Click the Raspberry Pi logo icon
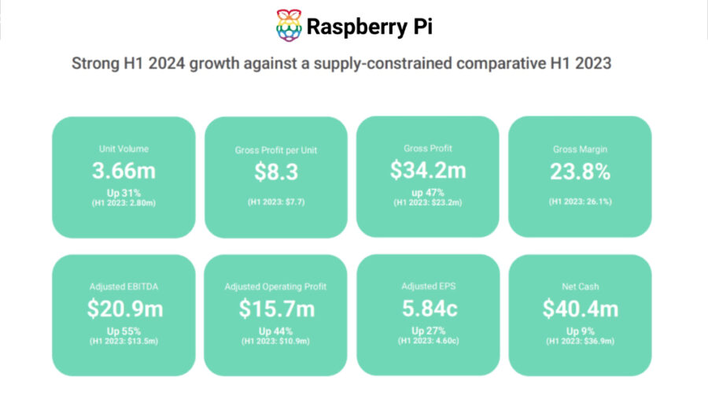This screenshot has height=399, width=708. coord(289,26)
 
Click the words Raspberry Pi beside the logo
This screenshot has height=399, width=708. coord(369,27)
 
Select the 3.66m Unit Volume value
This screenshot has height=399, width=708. coord(124,171)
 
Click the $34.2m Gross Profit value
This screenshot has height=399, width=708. coord(428,170)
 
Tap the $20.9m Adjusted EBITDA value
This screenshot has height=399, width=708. coord(124,309)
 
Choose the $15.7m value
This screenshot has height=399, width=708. coord(275,309)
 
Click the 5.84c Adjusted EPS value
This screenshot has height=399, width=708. coord(428,308)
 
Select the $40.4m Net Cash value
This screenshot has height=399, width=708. coord(580,309)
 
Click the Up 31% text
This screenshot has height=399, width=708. coord(124,193)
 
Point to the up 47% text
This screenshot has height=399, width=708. coord(428,192)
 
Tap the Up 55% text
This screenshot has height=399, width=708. coord(124,331)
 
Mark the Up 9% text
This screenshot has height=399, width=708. coord(580,331)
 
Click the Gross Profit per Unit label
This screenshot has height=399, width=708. coord(275,150)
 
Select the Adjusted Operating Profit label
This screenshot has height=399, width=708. coord(275,287)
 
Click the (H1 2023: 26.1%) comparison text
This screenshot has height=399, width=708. coord(580,202)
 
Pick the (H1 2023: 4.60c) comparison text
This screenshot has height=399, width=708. coord(428,340)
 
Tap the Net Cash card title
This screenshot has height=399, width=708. coord(580,287)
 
